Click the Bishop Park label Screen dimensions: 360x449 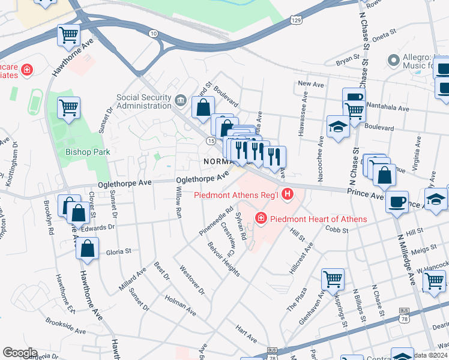coord(88,152)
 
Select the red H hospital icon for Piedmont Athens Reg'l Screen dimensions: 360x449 coord(287,194)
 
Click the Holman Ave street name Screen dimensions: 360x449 coord(180,304)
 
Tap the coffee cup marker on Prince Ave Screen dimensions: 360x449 coord(397,201)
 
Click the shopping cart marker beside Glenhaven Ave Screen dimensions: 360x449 coord(333,278)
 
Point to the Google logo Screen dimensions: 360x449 coord(19,353)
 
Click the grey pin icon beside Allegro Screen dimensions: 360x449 coord(394,59)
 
